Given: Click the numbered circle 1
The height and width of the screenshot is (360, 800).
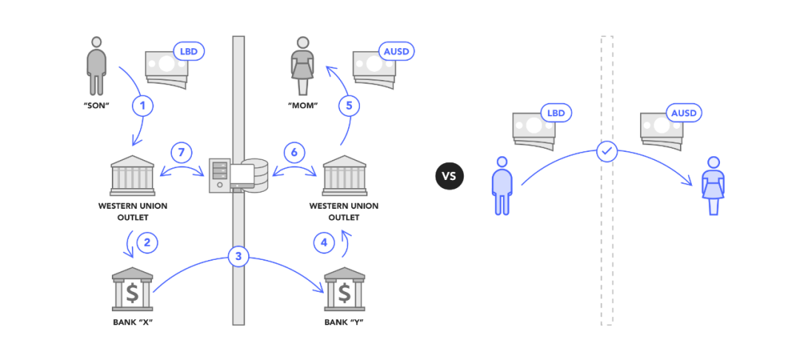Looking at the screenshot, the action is click(143, 106).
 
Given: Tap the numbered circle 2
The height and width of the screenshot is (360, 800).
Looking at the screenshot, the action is click(147, 241).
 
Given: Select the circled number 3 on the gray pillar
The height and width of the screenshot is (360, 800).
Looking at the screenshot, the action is click(238, 256).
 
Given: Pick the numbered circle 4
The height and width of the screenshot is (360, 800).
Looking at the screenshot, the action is click(323, 241).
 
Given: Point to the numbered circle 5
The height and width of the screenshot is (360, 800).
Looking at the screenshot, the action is click(350, 106).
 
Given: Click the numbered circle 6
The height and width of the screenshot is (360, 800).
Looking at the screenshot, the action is click(294, 153).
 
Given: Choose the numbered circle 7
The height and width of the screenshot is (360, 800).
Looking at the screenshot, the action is click(181, 153).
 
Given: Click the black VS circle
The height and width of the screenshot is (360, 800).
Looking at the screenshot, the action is click(448, 176).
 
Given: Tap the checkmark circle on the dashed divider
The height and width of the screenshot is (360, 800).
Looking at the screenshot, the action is click(607, 152).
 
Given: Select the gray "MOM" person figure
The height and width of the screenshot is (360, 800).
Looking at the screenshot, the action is click(303, 64).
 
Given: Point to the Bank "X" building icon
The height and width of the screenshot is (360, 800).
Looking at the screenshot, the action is click(132, 290).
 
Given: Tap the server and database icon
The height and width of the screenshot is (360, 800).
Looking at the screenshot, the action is click(239, 176).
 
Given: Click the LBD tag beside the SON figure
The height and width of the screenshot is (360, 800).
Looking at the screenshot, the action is click(188, 53).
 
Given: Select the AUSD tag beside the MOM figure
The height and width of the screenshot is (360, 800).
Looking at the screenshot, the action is click(395, 53).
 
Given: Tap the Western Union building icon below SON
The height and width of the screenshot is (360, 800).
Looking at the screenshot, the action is click(133, 176).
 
